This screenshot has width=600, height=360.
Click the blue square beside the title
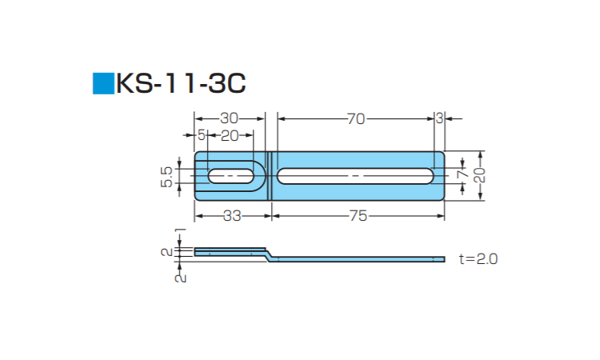[103, 83]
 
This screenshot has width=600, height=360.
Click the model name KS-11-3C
[181, 83]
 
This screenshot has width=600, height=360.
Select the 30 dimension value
[230, 118]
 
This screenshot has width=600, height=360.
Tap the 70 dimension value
[356, 119]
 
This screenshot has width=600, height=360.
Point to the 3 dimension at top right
[439, 118]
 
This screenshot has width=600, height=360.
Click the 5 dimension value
[202, 135]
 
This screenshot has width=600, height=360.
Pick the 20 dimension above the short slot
[230, 135]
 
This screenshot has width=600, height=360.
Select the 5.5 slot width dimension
[167, 177]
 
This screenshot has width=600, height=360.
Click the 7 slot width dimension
[463, 174]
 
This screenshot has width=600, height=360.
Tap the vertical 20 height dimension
[480, 175]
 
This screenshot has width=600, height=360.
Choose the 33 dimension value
[232, 216]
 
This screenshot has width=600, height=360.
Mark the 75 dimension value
[358, 216]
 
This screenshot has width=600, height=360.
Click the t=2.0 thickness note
[478, 259]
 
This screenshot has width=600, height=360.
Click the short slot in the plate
[230, 176]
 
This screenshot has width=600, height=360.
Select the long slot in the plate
[355, 176]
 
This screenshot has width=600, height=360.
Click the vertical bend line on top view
[271, 176]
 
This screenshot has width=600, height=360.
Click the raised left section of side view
[230, 252]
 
